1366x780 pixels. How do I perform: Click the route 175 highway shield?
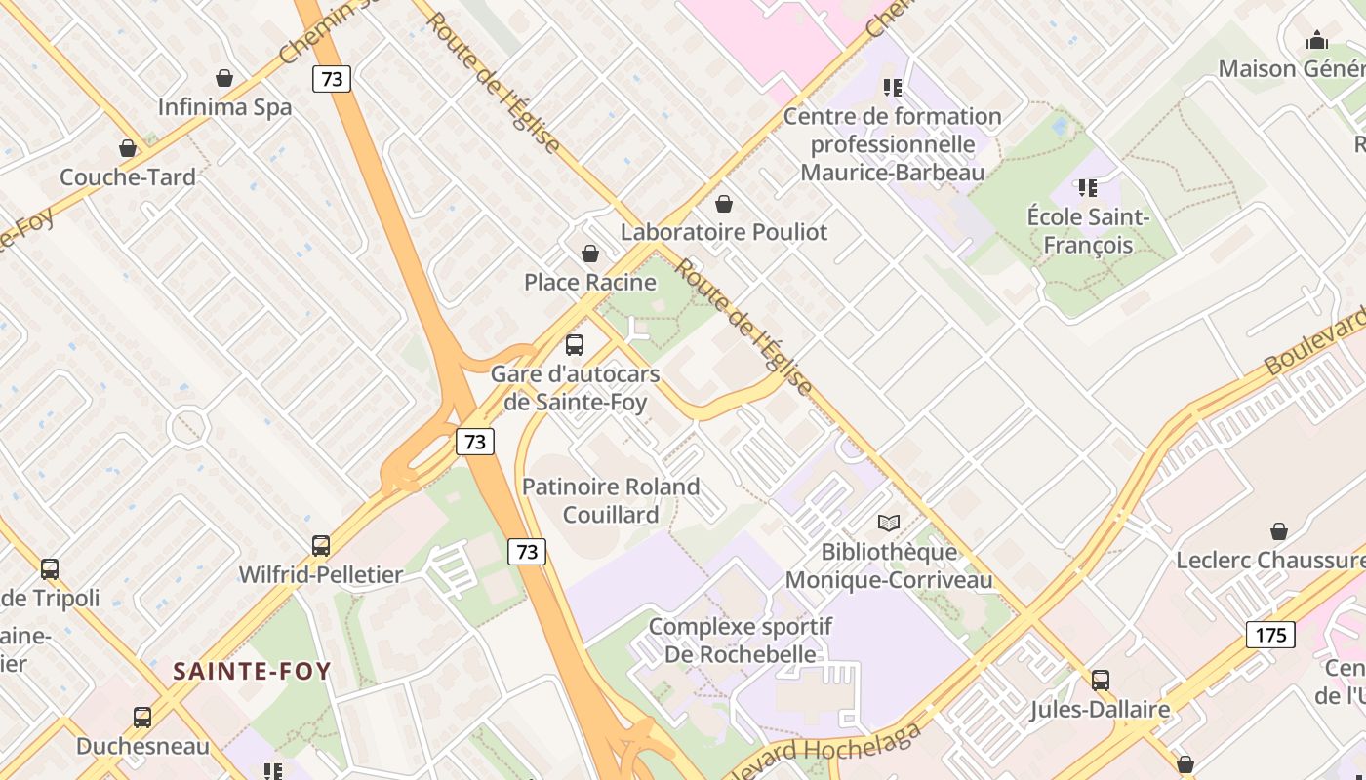pyautogui.click(x=1270, y=636)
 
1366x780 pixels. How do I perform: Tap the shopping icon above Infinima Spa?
pyautogui.click(x=224, y=78)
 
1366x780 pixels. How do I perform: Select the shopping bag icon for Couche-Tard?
pyautogui.click(x=128, y=148)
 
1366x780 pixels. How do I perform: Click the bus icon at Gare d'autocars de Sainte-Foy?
pyautogui.click(x=575, y=344)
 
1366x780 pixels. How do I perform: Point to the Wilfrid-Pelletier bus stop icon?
pyautogui.click(x=321, y=546)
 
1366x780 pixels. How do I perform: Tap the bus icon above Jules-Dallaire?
pyautogui.click(x=1101, y=681)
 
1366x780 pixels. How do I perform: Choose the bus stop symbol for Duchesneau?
pyautogui.click(x=142, y=718)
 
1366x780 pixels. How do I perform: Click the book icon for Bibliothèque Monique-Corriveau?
pyautogui.click(x=888, y=523)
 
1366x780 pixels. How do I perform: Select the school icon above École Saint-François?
pyautogui.click(x=1087, y=187)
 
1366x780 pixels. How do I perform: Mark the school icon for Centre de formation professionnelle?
pyautogui.click(x=892, y=88)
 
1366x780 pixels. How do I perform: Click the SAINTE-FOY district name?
pyautogui.click(x=252, y=671)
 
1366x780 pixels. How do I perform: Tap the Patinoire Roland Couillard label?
pyautogui.click(x=611, y=500)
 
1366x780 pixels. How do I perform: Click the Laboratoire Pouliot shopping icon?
pyautogui.click(x=724, y=204)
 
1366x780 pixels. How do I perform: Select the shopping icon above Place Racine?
pyautogui.click(x=590, y=254)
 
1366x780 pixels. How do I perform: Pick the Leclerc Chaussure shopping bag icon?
pyautogui.click(x=1279, y=531)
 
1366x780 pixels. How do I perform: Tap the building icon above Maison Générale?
pyautogui.click(x=1317, y=40)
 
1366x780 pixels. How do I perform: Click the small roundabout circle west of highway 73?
pyautogui.click(x=187, y=427)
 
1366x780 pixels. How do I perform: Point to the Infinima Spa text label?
pyautogui.click(x=224, y=106)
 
